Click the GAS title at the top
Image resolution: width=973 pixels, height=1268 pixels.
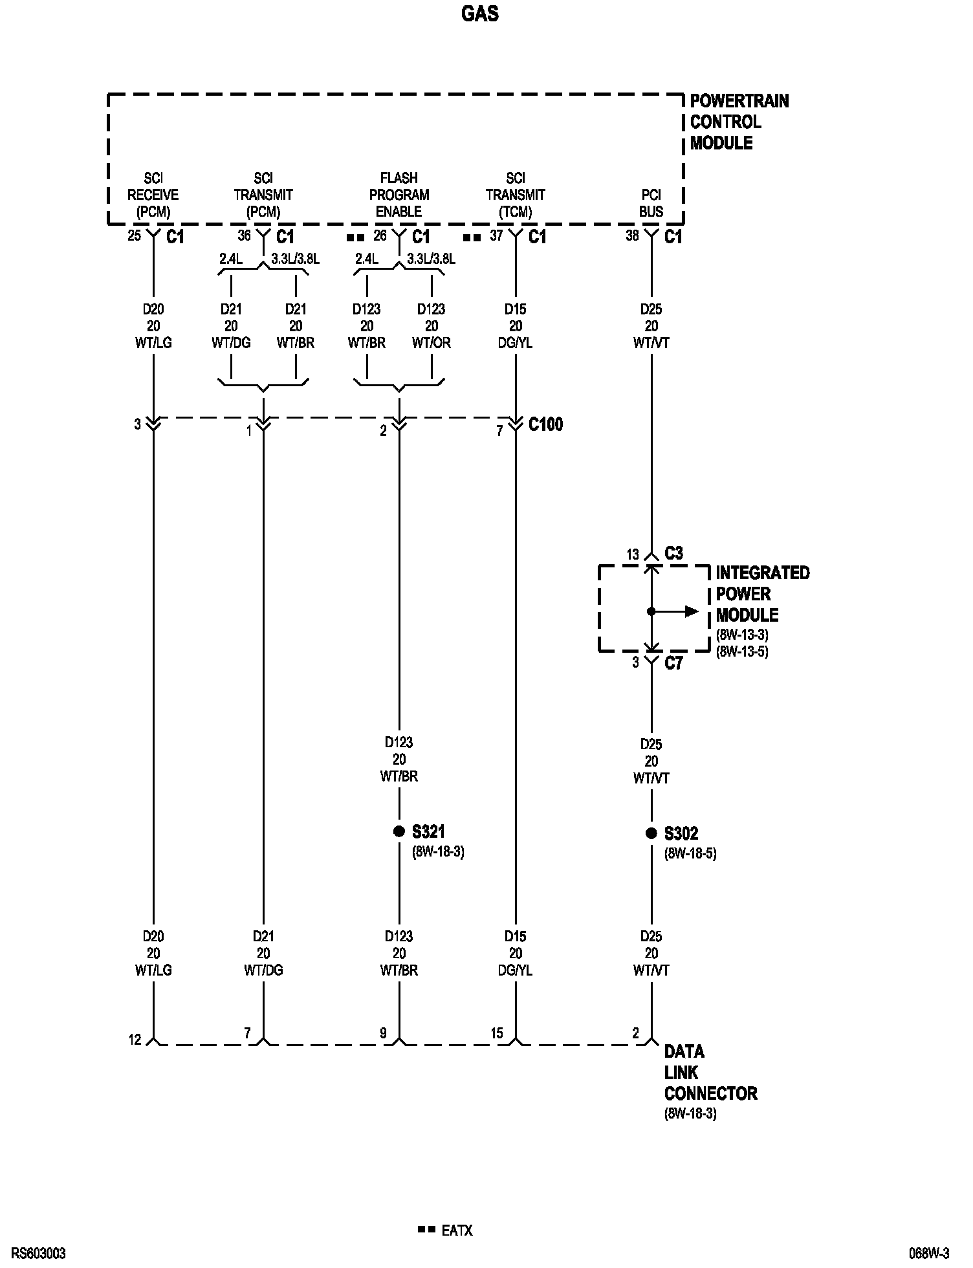pyautogui.click(x=479, y=14)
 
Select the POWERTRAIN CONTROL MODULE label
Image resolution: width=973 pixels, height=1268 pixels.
pyautogui.click(x=739, y=122)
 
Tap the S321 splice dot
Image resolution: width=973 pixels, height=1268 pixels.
pyautogui.click(x=399, y=831)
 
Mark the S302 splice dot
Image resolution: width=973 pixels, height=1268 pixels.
pyautogui.click(x=651, y=833)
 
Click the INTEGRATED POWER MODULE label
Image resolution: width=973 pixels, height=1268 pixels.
pyautogui.click(x=762, y=594)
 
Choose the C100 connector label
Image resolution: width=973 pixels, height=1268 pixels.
pyautogui.click(x=545, y=424)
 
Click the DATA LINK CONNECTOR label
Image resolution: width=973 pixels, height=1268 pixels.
pyautogui.click(x=710, y=1073)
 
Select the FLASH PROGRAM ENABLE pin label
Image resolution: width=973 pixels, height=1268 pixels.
pyautogui.click(x=399, y=194)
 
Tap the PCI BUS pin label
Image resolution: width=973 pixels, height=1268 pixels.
pyautogui.click(x=651, y=203)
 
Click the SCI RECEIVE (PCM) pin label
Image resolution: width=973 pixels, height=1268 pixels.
pyautogui.click(x=153, y=194)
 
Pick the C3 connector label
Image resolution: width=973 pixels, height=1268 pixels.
pyautogui.click(x=673, y=553)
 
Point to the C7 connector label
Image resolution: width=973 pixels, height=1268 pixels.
pyautogui.click(x=673, y=663)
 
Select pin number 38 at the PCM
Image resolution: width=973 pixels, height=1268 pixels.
pyautogui.click(x=632, y=236)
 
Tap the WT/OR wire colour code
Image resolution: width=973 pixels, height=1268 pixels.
pyautogui.click(x=432, y=343)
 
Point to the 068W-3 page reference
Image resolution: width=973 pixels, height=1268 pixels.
pyautogui.click(x=929, y=1254)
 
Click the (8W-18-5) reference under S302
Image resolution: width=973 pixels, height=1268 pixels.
pyautogui.click(x=690, y=853)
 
